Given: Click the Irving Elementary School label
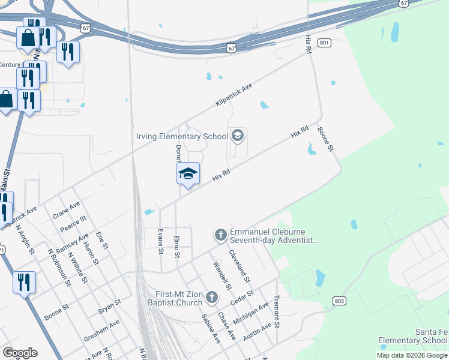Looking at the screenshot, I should (x=181, y=137).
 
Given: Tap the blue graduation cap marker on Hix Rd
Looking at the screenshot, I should (x=188, y=174).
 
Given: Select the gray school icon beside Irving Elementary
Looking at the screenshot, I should (x=238, y=136).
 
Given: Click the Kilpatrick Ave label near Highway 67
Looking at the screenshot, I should (x=234, y=95).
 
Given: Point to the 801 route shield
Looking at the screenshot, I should (x=325, y=43).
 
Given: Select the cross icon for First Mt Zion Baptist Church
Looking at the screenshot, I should (x=211, y=297).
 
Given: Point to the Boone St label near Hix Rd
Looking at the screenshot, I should (x=325, y=139).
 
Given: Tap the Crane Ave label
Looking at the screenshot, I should (x=66, y=210).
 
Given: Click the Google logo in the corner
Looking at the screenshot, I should (x=20, y=353).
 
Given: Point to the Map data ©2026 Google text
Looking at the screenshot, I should (x=412, y=355).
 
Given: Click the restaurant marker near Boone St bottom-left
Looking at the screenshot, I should (x=24, y=282).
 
